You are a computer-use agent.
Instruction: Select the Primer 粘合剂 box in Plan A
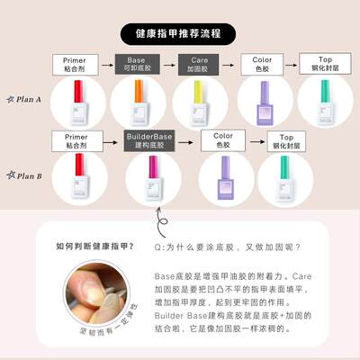76,65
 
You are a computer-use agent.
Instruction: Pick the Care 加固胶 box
198,65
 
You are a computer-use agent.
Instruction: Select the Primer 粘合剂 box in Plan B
76,139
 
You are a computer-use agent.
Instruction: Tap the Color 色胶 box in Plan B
223,139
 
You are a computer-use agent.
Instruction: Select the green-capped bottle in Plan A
323,103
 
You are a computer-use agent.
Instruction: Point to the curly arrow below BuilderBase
161,220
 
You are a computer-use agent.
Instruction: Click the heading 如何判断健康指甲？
90,246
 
